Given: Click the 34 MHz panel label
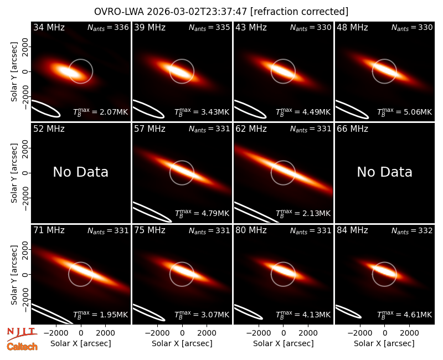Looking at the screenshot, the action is (49, 27).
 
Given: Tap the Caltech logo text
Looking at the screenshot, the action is (22, 346).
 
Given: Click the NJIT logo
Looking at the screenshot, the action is (22, 333).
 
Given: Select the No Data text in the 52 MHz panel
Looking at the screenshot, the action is (80, 172).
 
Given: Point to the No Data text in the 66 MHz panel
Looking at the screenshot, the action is (384, 172).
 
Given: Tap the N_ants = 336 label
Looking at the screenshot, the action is (108, 27).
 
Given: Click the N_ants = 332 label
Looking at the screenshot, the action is (412, 230).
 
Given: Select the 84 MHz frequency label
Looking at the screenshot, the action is (352, 230).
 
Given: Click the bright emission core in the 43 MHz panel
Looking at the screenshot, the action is (283, 70).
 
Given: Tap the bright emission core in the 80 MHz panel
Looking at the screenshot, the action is (283, 269).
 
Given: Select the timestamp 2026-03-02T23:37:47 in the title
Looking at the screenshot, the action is (197, 12).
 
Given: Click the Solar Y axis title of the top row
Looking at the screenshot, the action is (14, 72).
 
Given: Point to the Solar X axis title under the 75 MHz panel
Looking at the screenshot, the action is (182, 343).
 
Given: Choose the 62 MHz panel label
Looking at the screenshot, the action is (251, 129).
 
